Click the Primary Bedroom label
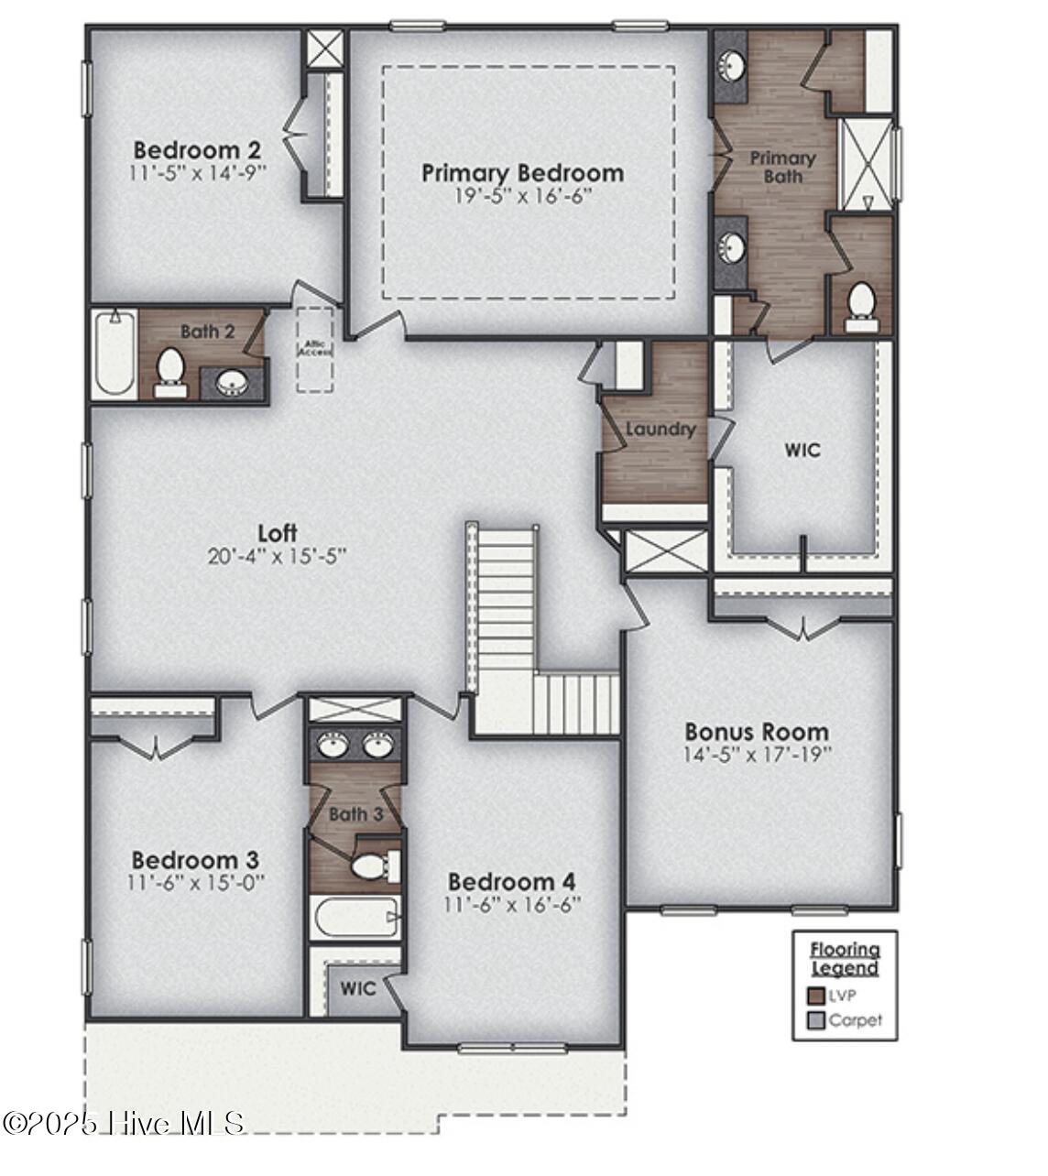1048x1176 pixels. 522,173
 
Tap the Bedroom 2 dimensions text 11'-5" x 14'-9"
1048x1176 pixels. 198,171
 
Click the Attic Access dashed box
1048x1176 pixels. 314,349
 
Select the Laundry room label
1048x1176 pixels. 660,429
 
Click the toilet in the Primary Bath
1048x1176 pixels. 859,308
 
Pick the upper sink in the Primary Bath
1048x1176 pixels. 731,66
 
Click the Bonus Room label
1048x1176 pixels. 757,732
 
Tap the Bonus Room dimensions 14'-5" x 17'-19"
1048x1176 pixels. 757,755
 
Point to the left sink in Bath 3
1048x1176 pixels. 332,745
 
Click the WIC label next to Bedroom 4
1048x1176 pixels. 357,989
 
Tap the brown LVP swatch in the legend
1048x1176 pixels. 815,996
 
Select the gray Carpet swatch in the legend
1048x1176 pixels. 815,1020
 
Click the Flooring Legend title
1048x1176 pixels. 845,959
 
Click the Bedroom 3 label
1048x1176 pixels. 195,860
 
